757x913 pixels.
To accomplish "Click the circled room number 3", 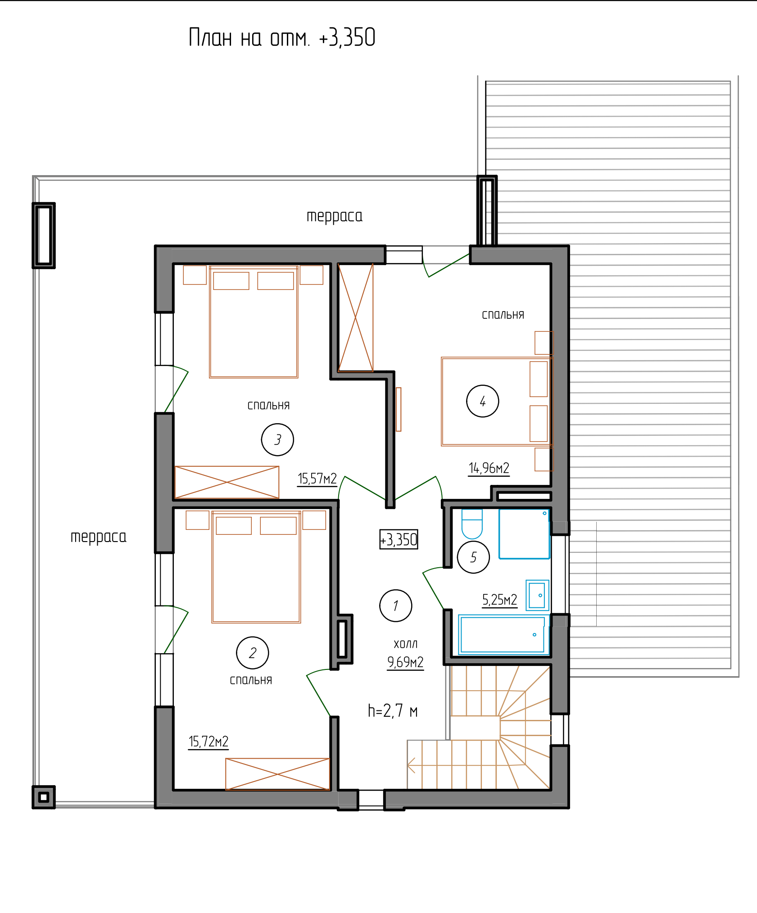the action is [277, 439].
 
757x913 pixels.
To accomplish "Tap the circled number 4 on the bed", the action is [483, 401].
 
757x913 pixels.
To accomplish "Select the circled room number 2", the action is [253, 653].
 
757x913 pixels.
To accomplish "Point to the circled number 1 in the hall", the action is [396, 606].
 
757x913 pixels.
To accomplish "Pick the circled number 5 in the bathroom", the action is [473, 557].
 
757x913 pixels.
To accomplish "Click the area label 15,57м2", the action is [317, 479].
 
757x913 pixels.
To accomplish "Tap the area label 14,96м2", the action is [489, 468].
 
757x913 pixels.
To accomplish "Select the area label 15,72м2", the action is [209, 741].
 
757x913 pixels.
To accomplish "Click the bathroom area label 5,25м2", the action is [499, 600].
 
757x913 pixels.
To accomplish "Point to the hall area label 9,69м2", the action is [405, 662].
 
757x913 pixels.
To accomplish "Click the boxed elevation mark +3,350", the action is [399, 539].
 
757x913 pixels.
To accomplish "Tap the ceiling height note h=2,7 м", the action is [393, 711].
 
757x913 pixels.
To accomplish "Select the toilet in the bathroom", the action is [472, 524].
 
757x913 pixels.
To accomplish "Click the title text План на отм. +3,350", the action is [282, 37].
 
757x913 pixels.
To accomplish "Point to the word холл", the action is [406, 644].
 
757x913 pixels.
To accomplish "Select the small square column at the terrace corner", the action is [44, 797].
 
